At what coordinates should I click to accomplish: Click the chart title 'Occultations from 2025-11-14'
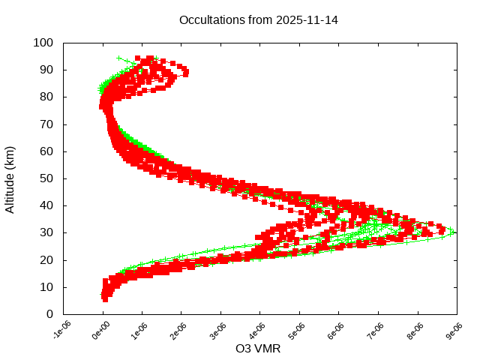pos(258,19)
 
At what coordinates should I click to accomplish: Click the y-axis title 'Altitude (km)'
pos(10,178)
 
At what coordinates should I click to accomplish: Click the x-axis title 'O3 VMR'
pos(258,348)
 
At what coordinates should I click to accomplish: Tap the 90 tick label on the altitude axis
pos(46,70)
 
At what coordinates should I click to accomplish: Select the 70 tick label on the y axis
pos(46,124)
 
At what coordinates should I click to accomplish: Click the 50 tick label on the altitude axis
pos(46,178)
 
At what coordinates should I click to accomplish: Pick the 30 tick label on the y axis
pos(46,232)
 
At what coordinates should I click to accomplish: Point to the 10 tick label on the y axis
pos(46,287)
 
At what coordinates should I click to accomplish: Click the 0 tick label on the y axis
pos(49,314)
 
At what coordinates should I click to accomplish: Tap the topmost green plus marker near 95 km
pos(119,58)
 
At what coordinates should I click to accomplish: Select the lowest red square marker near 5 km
pos(105,299)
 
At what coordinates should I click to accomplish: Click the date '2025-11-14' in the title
pos(306,19)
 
